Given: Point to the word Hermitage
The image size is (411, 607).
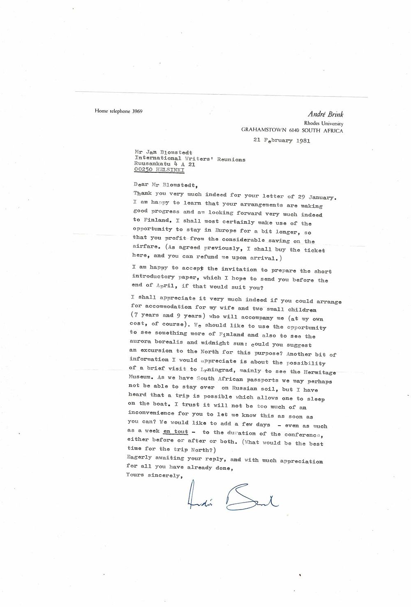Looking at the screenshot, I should coord(319,372).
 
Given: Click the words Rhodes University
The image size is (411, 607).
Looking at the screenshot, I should coord(323,123).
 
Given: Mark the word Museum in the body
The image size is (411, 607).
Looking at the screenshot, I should coord(140,380).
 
